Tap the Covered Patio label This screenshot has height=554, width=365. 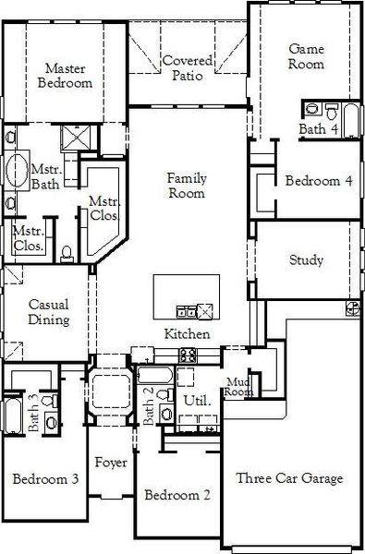[x=188, y=67]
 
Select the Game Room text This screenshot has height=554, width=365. [x=307, y=56]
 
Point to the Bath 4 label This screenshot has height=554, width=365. [x=318, y=130]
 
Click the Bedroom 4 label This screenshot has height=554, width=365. [x=319, y=181]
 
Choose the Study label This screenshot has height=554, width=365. [x=306, y=260]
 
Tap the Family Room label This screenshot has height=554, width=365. [x=186, y=185]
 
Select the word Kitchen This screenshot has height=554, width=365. [x=187, y=333]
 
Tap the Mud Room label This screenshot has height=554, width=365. [x=239, y=387]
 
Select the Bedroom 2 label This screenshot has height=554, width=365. [x=177, y=495]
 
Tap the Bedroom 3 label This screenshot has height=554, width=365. [x=44, y=478]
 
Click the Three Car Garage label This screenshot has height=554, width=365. [x=289, y=478]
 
